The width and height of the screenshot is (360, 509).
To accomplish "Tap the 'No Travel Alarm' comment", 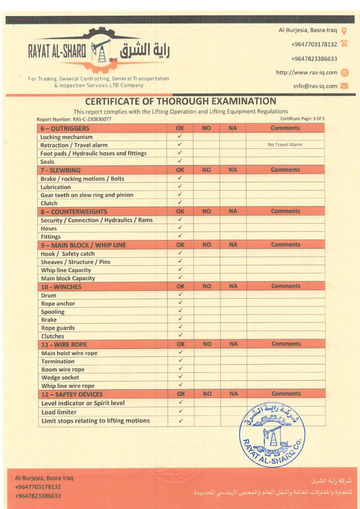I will tap(285, 145).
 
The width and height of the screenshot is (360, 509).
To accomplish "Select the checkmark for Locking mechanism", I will tap(180, 136).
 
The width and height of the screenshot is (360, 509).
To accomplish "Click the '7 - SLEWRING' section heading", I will tap(61, 170).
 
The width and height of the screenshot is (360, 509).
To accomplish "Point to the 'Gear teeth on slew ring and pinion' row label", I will tap(87, 195).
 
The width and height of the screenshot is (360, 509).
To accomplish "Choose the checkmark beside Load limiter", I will tap(180, 412).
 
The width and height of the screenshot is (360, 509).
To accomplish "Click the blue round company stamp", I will tap(272, 434).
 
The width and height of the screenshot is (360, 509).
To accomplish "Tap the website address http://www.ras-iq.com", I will tap(306, 73).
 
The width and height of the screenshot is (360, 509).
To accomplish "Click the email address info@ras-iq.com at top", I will tap(315, 86).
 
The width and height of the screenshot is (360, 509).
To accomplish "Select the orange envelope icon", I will tap(344, 86).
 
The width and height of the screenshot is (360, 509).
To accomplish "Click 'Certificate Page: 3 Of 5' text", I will tap(302, 119).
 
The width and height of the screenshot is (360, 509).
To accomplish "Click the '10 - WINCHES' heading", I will tap(61, 287).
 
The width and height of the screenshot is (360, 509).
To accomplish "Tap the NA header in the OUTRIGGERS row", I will tap(233, 128).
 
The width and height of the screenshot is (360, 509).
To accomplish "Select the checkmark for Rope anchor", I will tap(180, 303).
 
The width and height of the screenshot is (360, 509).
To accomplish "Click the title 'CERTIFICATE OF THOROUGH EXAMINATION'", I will tap(180, 101).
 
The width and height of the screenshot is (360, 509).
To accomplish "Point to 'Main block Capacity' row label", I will tap(68, 278).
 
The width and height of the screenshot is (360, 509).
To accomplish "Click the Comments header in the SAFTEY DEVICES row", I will tap(286, 394).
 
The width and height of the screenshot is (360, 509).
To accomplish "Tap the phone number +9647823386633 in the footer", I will tap(38, 496).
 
